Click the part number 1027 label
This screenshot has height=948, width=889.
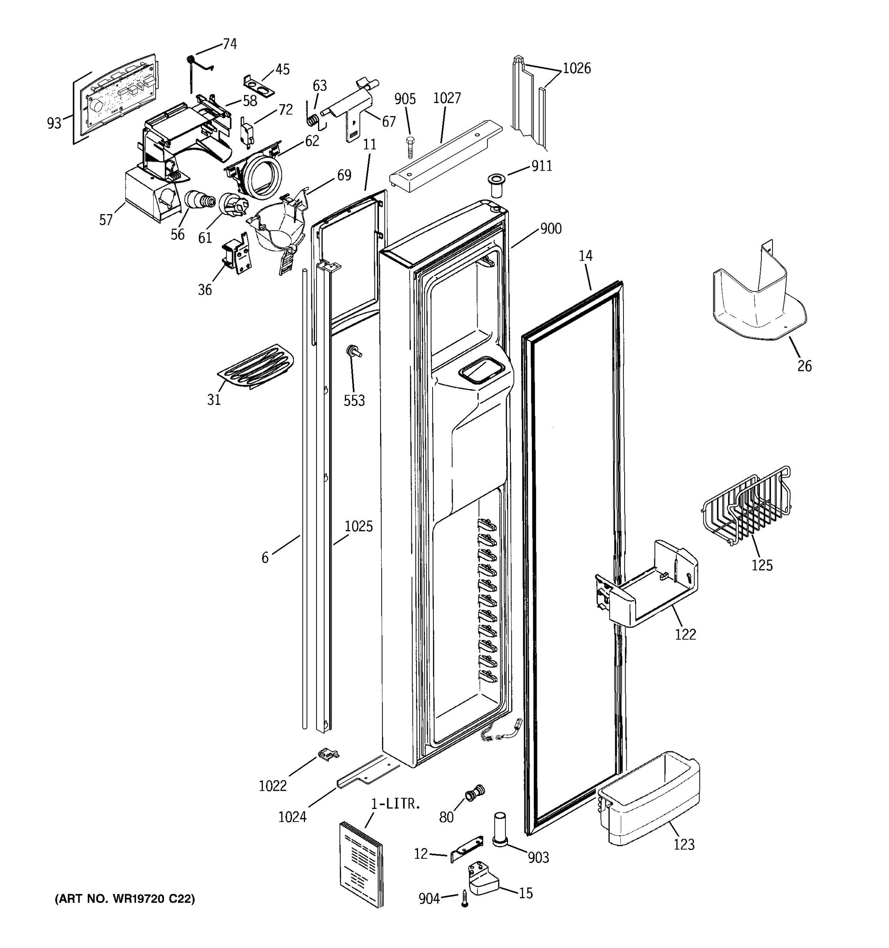(x=446, y=98)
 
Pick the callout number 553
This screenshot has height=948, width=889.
(x=354, y=401)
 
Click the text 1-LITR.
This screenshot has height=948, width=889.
(x=396, y=803)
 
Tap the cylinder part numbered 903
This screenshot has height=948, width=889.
(x=499, y=829)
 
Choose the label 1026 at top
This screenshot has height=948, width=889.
(x=576, y=69)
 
